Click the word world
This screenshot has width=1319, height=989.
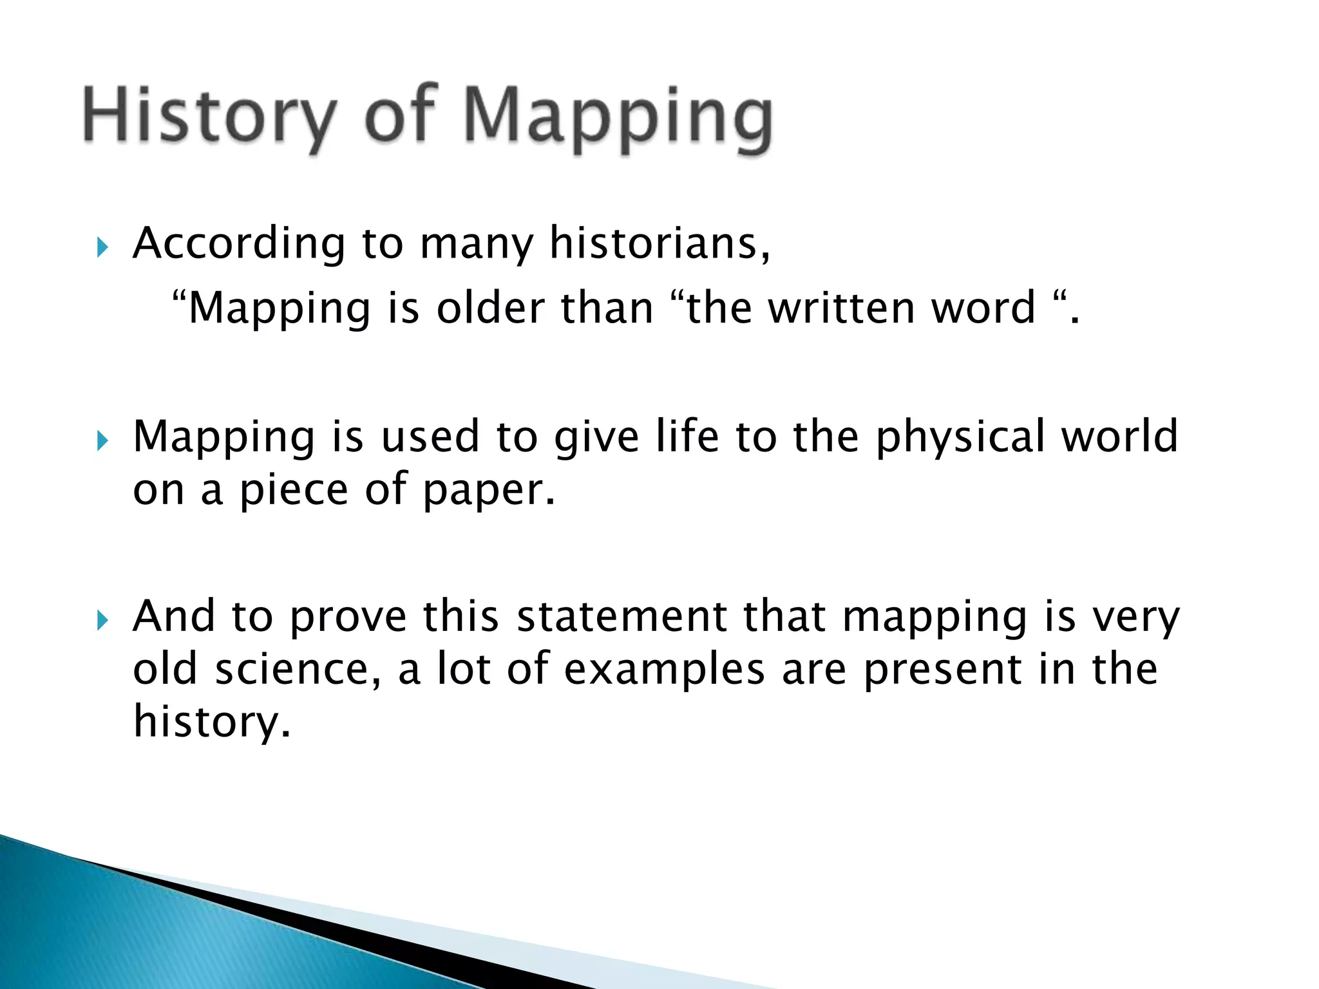[1120, 437]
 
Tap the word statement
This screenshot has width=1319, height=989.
[622, 617]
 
